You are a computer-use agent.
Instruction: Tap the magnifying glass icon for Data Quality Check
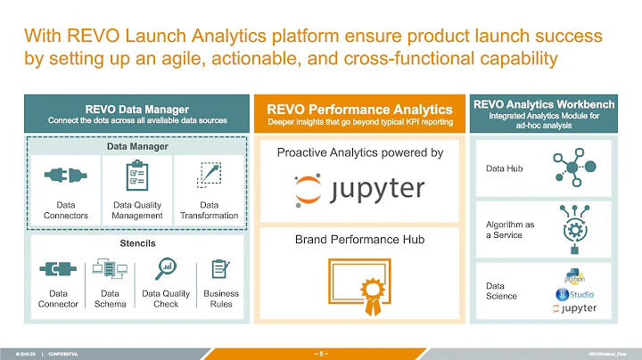(x=165, y=268)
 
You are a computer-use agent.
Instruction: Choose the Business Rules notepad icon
(x=220, y=268)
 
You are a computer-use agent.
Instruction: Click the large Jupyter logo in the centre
(x=360, y=189)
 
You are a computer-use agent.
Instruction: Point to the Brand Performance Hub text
(x=360, y=241)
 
